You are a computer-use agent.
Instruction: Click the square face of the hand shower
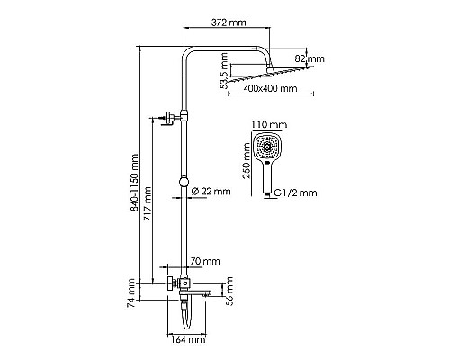[268, 147]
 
